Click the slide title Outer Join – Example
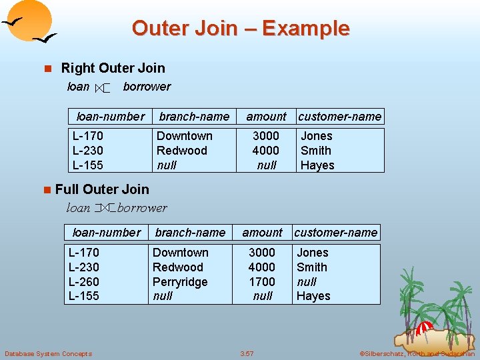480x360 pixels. pyautogui.click(x=240, y=28)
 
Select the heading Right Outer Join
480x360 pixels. pyautogui.click(x=113, y=68)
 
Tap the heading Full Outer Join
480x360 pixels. pyautogui.click(x=102, y=189)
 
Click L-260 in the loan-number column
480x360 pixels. pyautogui.click(x=83, y=281)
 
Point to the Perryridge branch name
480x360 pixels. pyautogui.click(x=180, y=281)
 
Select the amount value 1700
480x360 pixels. pyautogui.click(x=262, y=281)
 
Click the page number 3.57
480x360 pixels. pyautogui.click(x=248, y=353)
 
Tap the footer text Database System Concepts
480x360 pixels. pyautogui.click(x=48, y=353)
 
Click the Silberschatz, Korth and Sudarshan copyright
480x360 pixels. pyautogui.click(x=417, y=353)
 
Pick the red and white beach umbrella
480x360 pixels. pyautogui.click(x=424, y=327)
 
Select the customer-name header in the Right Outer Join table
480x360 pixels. pyautogui.click(x=340, y=117)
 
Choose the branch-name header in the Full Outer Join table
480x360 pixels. pyautogui.click(x=190, y=233)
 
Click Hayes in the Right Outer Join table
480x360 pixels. pyautogui.click(x=317, y=165)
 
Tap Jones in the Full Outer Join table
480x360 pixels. pyautogui.click(x=312, y=253)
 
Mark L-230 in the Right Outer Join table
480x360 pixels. pyautogui.click(x=87, y=151)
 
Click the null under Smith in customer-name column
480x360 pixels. pyautogui.click(x=307, y=282)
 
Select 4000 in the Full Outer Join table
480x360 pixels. pyautogui.click(x=262, y=267)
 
